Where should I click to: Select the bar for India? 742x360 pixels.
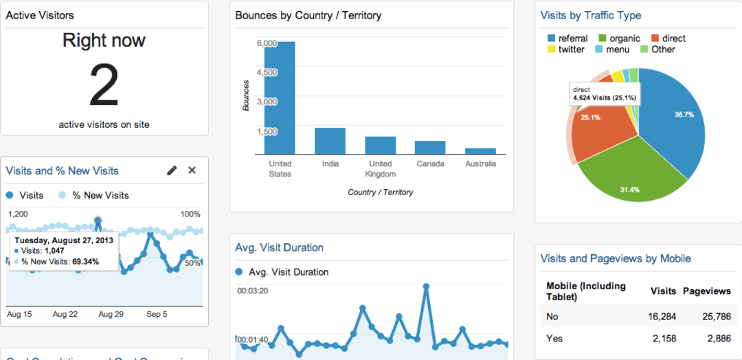tap(330, 141)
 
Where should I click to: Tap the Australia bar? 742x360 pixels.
tap(480, 151)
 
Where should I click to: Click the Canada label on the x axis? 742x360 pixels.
tap(430, 164)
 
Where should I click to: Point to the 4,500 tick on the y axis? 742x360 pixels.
tap(267, 73)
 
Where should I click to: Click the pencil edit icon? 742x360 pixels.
tap(172, 170)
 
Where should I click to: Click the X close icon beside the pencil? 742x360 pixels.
tap(192, 170)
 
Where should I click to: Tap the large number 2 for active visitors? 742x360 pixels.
tap(104, 86)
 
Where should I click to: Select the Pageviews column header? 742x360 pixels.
tap(706, 291)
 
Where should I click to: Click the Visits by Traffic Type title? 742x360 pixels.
tap(590, 15)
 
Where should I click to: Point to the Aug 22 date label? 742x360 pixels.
tap(65, 315)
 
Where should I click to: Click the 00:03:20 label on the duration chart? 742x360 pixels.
tap(253, 291)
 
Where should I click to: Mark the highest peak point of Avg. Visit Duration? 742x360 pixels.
tap(426, 286)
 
